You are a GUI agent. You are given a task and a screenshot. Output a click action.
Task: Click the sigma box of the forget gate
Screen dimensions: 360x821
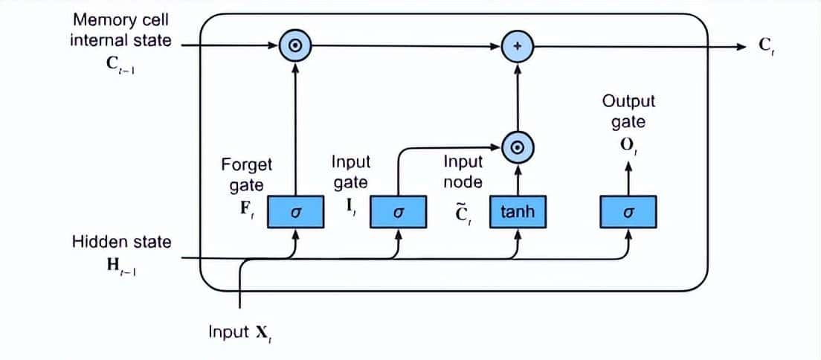295,212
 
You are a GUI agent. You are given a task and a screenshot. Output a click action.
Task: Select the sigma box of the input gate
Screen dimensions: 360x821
398,212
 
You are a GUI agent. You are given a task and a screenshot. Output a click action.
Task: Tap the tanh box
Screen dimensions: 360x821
517,212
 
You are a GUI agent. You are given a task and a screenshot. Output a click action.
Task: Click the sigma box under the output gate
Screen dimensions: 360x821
628,212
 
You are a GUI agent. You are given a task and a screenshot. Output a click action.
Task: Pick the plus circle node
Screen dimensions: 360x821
518,46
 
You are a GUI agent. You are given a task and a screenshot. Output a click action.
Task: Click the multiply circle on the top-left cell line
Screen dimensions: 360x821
295,46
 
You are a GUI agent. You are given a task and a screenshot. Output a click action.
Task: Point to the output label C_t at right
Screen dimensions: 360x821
767,46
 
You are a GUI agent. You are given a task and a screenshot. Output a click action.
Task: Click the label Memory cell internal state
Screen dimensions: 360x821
120,30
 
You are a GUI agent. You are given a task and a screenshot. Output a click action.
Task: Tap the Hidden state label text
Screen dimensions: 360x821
121,242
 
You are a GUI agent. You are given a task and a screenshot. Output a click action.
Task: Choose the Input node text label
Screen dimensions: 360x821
463,171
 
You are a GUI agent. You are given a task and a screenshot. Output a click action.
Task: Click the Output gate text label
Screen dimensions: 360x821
628,112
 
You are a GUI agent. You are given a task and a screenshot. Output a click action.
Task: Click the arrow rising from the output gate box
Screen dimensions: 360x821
629,179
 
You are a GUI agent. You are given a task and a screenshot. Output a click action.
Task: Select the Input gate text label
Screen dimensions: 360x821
350,172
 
